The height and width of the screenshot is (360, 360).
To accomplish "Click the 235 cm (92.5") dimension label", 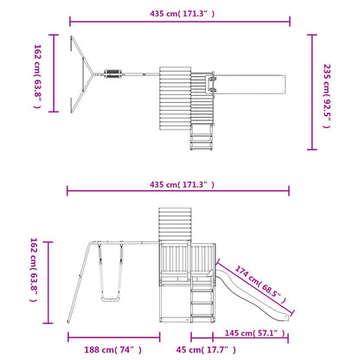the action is [x=327, y=96].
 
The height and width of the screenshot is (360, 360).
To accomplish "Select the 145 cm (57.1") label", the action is [x=254, y=333].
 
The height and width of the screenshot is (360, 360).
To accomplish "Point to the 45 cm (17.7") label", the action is [x=206, y=350].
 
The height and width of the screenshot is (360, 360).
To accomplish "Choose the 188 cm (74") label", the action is [x=112, y=350].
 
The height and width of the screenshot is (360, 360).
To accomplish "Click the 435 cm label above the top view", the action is [x=182, y=14].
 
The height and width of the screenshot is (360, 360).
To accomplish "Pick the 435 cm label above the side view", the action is [x=182, y=184].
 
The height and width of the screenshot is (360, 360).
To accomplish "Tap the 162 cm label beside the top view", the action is [x=38, y=76].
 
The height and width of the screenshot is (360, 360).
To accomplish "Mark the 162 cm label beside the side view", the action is [x=34, y=270].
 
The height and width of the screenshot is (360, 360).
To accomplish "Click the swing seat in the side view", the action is [x=111, y=299].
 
